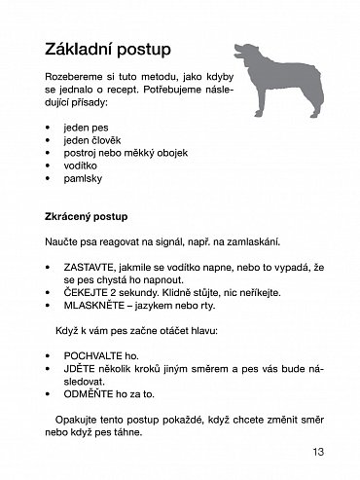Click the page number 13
pyautogui.click(x=320, y=451)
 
